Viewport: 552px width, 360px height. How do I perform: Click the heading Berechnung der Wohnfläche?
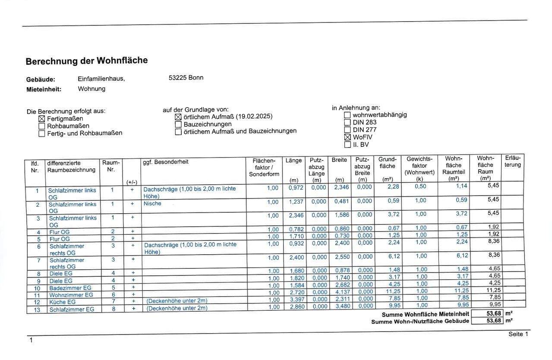(x=86, y=61)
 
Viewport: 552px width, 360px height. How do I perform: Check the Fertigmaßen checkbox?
(x=42, y=119)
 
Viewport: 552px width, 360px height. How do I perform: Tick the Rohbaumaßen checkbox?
(x=42, y=126)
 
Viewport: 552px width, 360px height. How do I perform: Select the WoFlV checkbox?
(x=347, y=137)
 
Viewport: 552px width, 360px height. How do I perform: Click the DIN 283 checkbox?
(x=347, y=122)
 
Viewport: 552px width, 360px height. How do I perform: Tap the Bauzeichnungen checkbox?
(x=178, y=124)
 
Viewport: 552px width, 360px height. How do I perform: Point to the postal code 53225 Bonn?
(x=186, y=78)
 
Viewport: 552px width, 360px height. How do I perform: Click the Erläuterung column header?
(x=512, y=161)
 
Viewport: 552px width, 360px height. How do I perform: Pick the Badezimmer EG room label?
(x=70, y=288)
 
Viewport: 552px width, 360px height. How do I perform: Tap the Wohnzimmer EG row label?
(x=71, y=295)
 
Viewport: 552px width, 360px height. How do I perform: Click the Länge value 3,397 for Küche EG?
(x=296, y=300)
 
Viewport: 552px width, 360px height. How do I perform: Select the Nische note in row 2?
(x=152, y=204)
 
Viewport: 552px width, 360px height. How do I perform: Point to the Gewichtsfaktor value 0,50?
(x=420, y=186)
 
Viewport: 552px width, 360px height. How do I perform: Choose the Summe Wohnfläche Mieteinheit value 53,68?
(x=487, y=313)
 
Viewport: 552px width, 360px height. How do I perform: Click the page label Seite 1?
(x=518, y=334)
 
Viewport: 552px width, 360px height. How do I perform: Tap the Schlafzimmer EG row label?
(x=71, y=309)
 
